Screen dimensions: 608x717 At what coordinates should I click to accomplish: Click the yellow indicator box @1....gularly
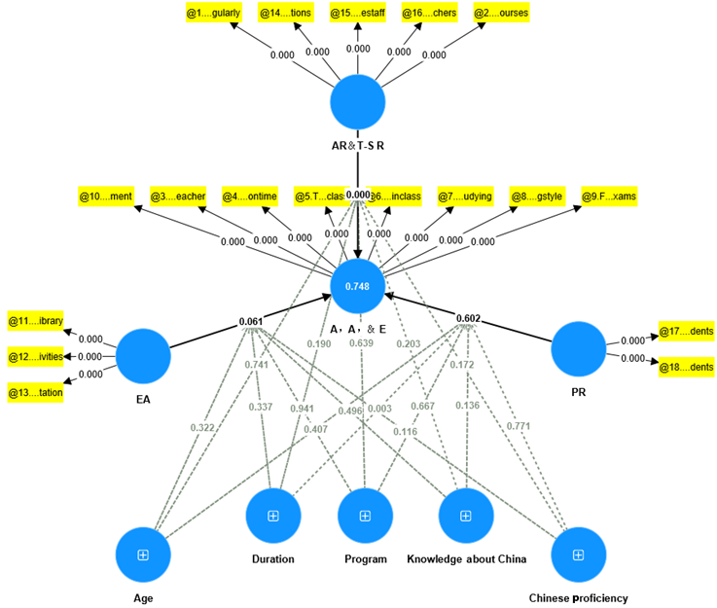tap(212, 14)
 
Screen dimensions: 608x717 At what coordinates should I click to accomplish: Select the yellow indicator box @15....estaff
tap(357, 14)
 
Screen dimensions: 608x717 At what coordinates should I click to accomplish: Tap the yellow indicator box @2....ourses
tap(500, 14)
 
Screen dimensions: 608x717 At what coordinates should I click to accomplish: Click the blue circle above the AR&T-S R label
tap(358, 103)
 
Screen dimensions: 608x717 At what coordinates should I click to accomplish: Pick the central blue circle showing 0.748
tap(358, 286)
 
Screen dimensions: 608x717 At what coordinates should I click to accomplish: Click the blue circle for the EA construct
tap(144, 356)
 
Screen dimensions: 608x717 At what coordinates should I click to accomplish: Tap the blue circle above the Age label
tap(143, 554)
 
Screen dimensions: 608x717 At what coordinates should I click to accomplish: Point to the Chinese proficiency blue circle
tap(578, 554)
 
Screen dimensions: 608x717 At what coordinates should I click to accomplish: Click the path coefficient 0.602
tap(470, 318)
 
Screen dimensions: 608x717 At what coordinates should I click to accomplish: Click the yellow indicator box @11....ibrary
tap(36, 321)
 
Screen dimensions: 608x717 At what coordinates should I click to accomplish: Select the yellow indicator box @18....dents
tap(687, 367)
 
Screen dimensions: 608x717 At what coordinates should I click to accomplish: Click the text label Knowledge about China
tap(466, 558)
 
